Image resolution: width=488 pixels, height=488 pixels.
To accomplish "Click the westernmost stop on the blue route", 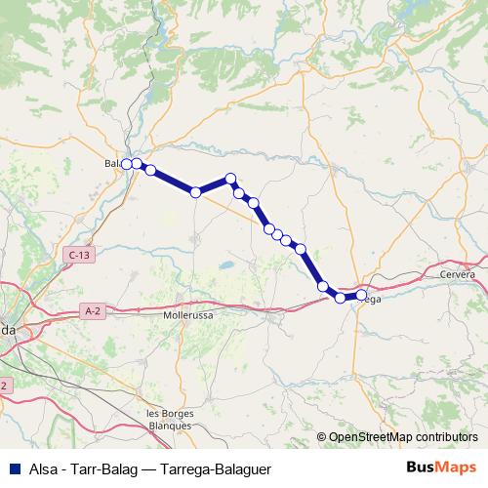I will click(x=126, y=164).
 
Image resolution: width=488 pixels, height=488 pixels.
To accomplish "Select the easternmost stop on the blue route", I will click(x=361, y=294).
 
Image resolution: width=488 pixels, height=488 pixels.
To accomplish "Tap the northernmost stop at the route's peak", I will click(x=231, y=179).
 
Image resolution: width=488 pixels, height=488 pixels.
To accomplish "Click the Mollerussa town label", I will click(x=189, y=317).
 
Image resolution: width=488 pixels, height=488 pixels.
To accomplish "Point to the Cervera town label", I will click(x=457, y=274).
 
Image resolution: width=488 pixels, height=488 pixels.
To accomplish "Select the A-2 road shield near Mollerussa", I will click(x=93, y=310).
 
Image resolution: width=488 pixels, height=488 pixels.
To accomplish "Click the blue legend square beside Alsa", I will click(x=15, y=466).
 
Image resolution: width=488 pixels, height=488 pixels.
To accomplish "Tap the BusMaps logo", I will click(x=441, y=466).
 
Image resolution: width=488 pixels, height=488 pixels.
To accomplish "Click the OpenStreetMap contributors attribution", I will click(x=402, y=436).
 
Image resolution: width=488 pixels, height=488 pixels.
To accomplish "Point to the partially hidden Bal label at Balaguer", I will click(x=111, y=164).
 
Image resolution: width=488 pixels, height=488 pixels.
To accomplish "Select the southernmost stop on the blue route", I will click(x=341, y=298).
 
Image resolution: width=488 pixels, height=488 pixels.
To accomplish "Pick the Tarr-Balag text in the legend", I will click(x=104, y=466).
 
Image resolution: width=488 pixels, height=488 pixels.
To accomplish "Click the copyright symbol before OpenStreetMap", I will click(x=321, y=436).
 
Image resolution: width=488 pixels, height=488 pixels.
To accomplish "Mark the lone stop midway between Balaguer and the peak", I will click(x=195, y=192).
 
